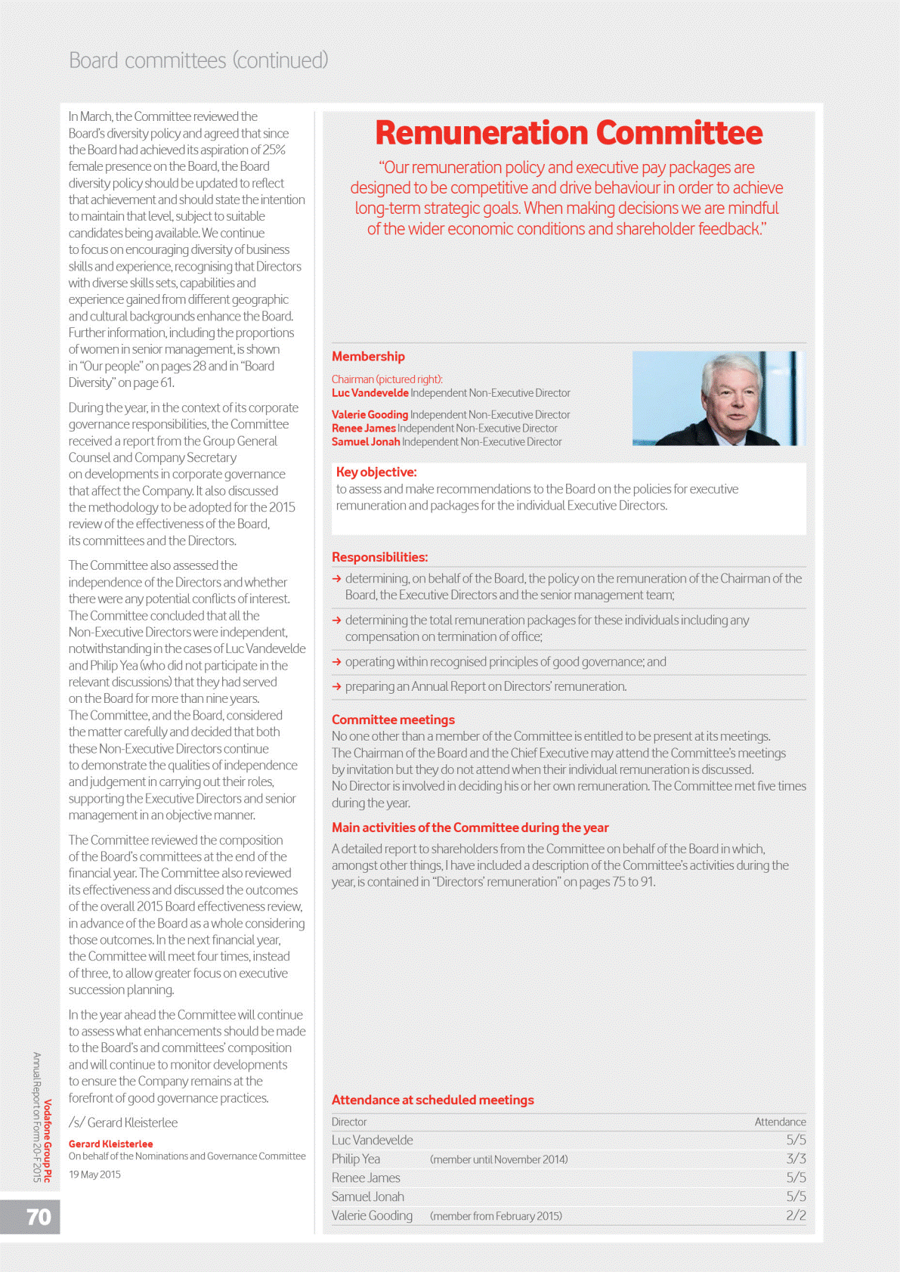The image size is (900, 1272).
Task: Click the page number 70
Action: click(39, 1217)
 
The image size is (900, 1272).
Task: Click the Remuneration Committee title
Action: click(568, 133)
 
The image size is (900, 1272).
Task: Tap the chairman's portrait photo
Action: click(718, 398)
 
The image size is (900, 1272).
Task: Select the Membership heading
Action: click(368, 357)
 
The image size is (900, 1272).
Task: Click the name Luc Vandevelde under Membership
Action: click(370, 393)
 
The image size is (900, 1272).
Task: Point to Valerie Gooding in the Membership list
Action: click(370, 415)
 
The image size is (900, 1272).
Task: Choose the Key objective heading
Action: click(376, 472)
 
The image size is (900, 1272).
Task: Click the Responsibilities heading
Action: click(379, 558)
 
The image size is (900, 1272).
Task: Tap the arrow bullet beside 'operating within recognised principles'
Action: click(337, 662)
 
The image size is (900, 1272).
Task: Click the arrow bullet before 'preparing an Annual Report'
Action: click(337, 687)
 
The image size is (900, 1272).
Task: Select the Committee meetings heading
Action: click(393, 720)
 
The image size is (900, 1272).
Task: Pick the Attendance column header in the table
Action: click(780, 1122)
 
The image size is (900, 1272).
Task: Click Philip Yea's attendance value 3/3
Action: click(796, 1159)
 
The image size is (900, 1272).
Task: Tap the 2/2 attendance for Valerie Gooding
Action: click(796, 1215)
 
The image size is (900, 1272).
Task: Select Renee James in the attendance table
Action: click(366, 1178)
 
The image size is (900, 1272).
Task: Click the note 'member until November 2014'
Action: click(499, 1159)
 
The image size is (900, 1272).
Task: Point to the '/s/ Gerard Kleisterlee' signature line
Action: click(123, 1123)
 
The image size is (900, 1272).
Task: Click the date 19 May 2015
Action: click(94, 1175)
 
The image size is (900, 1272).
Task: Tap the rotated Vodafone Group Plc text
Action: click(48, 1140)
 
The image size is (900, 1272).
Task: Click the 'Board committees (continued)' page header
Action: click(199, 60)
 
